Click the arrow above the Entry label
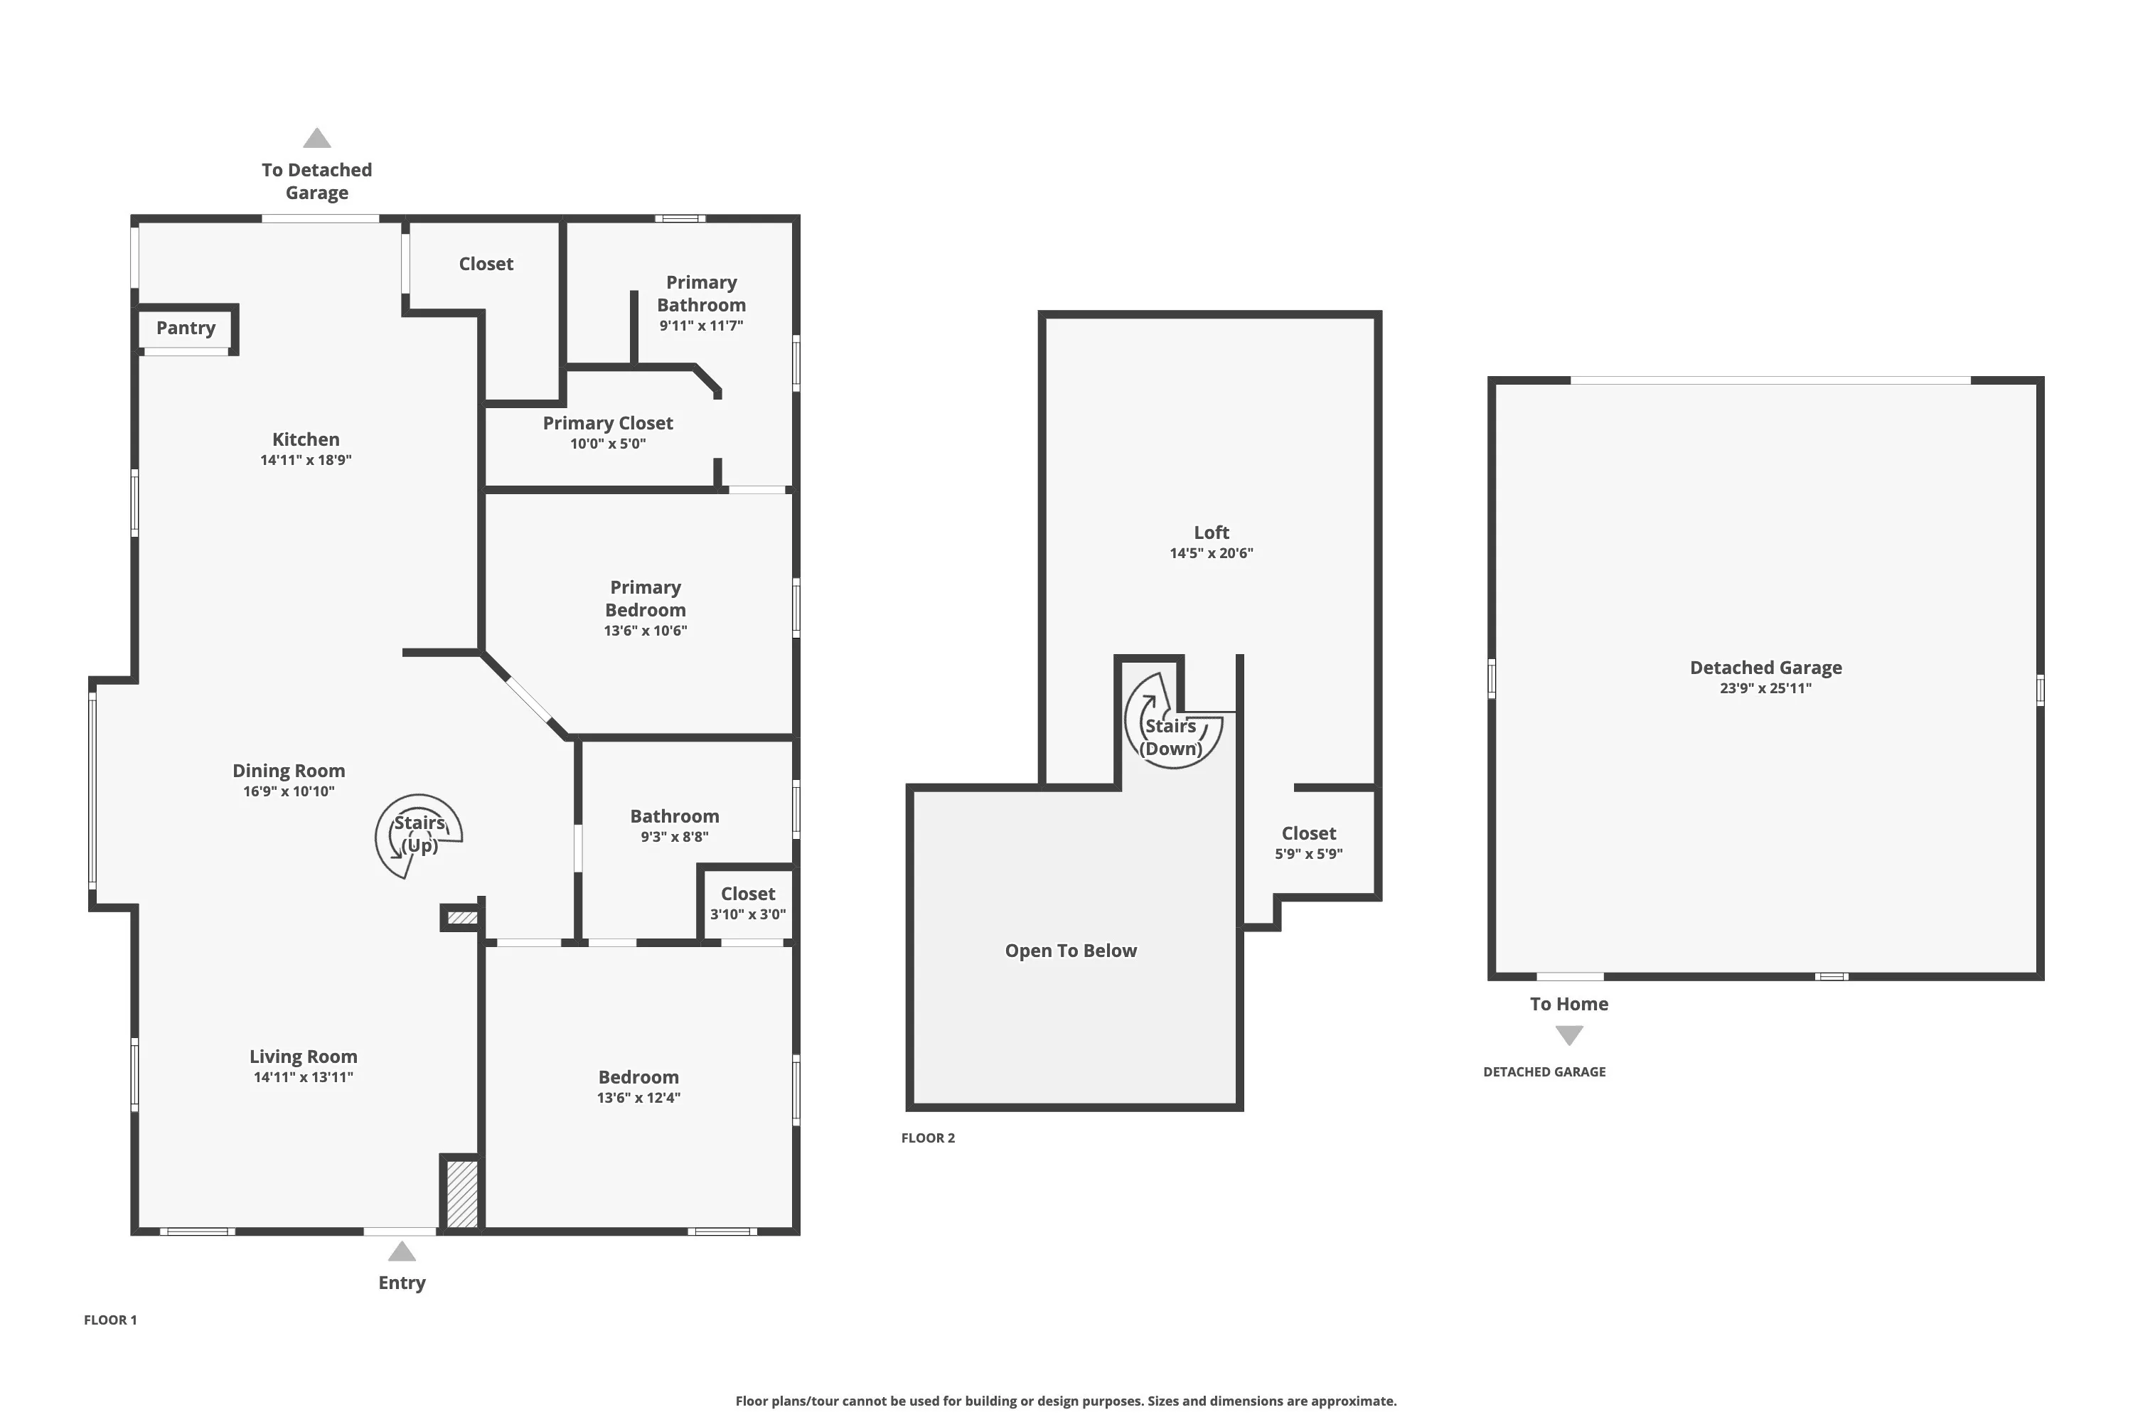pyautogui.click(x=402, y=1251)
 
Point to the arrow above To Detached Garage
pyautogui.click(x=316, y=138)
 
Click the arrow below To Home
pyautogui.click(x=1569, y=1035)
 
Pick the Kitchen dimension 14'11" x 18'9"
pyautogui.click(x=306, y=460)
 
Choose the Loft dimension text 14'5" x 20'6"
pyautogui.click(x=1211, y=553)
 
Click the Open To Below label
pyautogui.click(x=1070, y=951)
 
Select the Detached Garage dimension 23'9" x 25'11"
pyautogui.click(x=1765, y=688)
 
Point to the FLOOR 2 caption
pyautogui.click(x=928, y=1138)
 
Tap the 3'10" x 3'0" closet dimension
pyautogui.click(x=747, y=914)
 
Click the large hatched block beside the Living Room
pyautogui.click(x=461, y=1194)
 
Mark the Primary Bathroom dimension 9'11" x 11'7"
pyautogui.click(x=701, y=326)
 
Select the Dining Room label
pyautogui.click(x=289, y=771)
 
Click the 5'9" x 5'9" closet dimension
pyautogui.click(x=1309, y=853)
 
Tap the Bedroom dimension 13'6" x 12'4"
pyautogui.click(x=638, y=1097)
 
